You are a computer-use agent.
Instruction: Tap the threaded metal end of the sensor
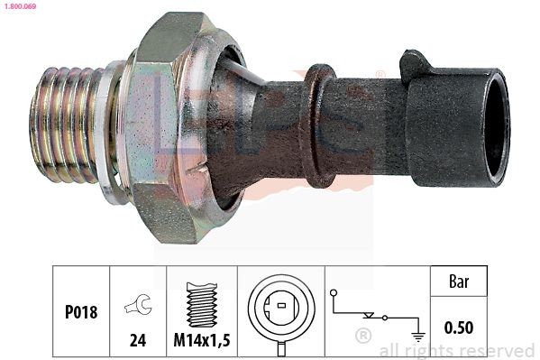pos(62,125)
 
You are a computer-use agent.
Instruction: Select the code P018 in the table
pos(80,312)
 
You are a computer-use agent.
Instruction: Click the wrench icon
pos(137,306)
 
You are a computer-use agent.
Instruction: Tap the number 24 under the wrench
pos(137,342)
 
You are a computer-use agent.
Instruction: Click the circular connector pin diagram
pos(280,307)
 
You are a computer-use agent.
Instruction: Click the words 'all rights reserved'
pos(456,351)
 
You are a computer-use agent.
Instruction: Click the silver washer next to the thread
pos(109,131)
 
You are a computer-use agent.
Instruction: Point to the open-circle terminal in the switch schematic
pos(334,293)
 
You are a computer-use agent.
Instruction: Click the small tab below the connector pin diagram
pos(280,347)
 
